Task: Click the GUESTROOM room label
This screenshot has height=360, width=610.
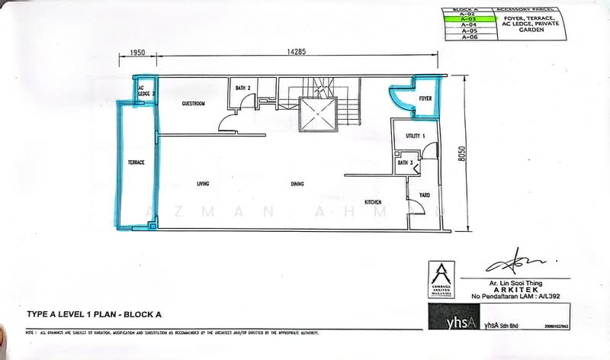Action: [193, 104]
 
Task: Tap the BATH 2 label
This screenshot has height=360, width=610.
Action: [243, 88]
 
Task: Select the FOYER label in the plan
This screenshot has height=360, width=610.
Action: [425, 99]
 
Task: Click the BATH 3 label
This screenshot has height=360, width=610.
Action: [405, 162]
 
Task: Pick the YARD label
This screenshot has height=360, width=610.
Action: [425, 194]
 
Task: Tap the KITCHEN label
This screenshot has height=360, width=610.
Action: [373, 202]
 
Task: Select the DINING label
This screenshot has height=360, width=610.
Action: [298, 185]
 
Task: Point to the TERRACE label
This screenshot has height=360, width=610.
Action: [136, 162]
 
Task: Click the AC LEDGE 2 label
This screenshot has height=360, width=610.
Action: [146, 91]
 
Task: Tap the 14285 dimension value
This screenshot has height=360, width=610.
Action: [297, 53]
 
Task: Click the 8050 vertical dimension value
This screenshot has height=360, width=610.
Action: [461, 153]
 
